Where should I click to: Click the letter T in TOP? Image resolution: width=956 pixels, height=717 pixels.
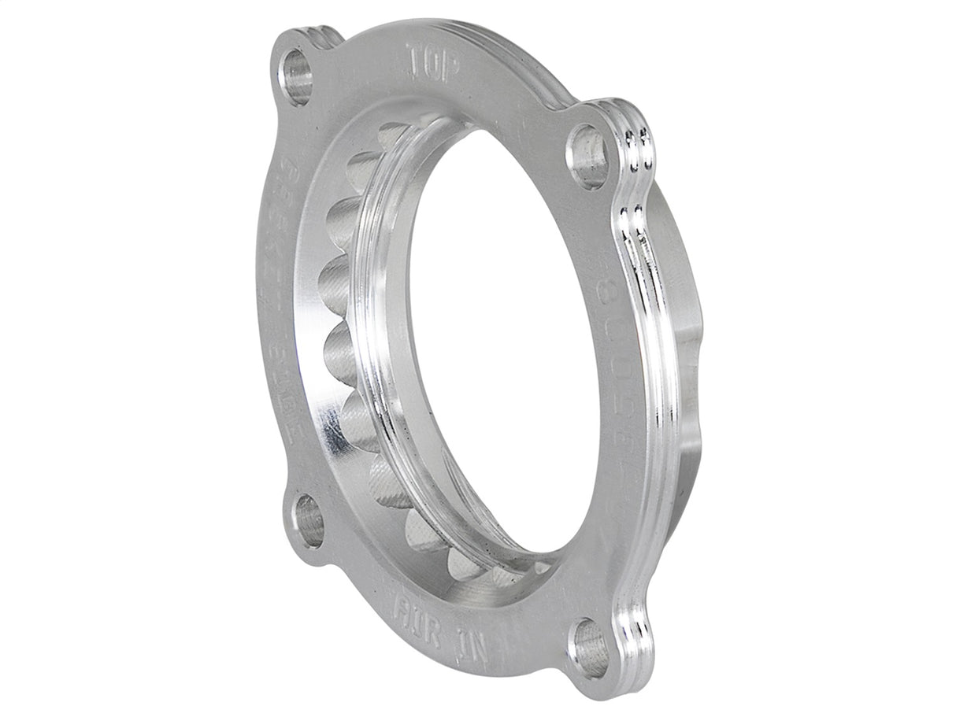tap(413, 57)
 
